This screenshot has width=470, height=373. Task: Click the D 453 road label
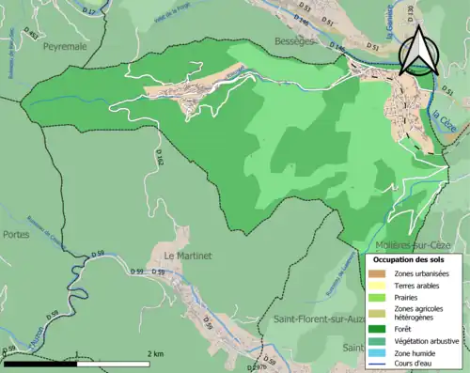click(x=33, y=37)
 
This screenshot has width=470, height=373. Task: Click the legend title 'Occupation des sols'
click(x=410, y=258)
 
